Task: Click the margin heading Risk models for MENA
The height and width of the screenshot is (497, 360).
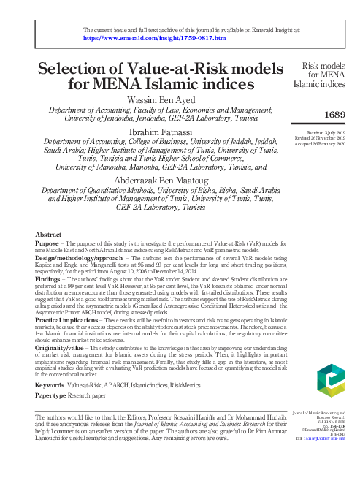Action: click(326, 69)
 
